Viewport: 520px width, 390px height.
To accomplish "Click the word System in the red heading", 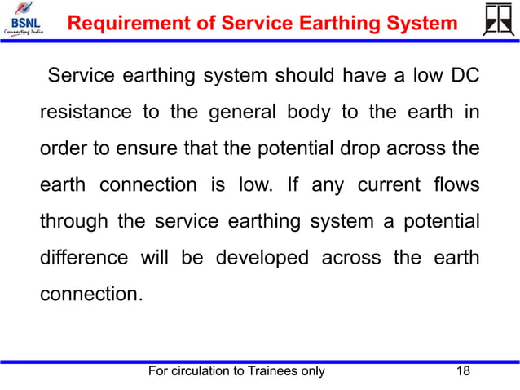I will coord(419,24).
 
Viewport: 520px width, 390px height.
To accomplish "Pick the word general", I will coord(237,112).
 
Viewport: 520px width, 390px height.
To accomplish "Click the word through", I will coord(74,221).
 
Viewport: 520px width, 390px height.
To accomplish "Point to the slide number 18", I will coord(464,372).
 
